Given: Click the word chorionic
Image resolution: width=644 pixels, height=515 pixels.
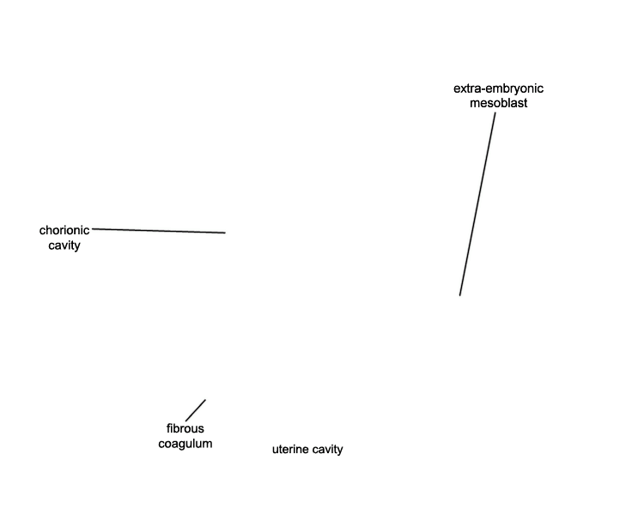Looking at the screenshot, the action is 64,230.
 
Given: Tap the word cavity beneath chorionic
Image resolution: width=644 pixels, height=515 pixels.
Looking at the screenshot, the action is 64,245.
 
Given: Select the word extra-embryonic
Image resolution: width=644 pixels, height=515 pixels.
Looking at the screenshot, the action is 498,88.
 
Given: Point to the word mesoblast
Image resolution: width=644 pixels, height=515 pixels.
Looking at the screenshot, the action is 498,103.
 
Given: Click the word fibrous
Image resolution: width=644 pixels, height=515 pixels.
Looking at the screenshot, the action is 185,429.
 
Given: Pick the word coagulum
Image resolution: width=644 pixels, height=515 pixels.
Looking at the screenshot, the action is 185,444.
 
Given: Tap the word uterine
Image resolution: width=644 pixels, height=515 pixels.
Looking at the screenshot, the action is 290,449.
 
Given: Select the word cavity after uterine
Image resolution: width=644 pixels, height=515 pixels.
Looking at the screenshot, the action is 327,450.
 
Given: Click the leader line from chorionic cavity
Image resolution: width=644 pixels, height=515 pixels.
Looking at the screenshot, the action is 159,231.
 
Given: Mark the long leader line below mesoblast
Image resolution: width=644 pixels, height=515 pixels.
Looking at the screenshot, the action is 477,204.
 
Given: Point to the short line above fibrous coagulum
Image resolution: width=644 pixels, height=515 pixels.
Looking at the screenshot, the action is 196,410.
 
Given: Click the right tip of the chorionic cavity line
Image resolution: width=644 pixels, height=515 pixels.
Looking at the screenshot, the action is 225,233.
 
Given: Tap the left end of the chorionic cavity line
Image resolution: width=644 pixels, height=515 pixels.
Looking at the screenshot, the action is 93,229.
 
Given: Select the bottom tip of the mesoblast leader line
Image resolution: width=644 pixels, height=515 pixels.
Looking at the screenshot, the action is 460,295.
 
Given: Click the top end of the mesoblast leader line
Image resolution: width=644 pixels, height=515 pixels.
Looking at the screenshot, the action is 495,113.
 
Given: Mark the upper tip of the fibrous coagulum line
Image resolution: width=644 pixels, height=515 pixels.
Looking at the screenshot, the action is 205,400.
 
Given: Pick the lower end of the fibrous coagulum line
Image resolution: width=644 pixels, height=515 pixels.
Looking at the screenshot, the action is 186,421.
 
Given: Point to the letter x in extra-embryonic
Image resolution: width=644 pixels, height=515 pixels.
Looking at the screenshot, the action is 463,89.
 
